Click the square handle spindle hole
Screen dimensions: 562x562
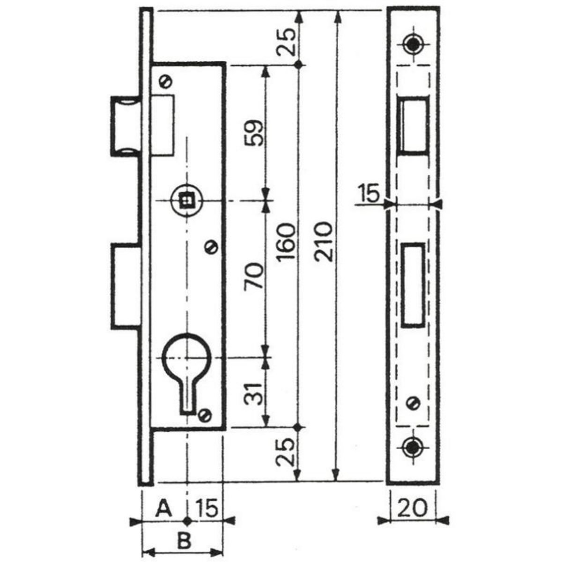point(186,200)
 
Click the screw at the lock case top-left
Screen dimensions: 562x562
point(165,81)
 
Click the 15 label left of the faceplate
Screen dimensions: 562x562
point(369,194)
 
